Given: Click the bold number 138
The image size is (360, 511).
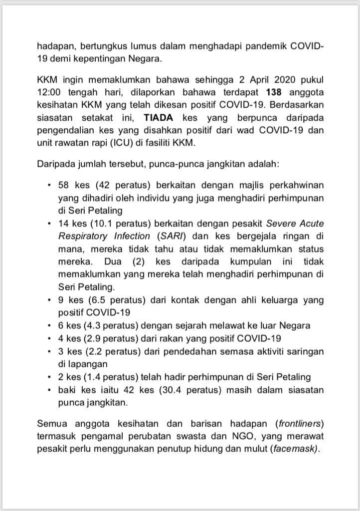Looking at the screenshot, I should pyautogui.click(x=275, y=92).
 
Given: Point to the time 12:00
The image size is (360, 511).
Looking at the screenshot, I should pyautogui.click(x=49, y=92).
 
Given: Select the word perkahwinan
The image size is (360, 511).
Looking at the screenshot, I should pyautogui.click(x=296, y=185).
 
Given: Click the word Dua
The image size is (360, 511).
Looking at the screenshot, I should pyautogui.click(x=113, y=261).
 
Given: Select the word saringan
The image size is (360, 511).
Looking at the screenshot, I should pyautogui.click(x=304, y=351).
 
